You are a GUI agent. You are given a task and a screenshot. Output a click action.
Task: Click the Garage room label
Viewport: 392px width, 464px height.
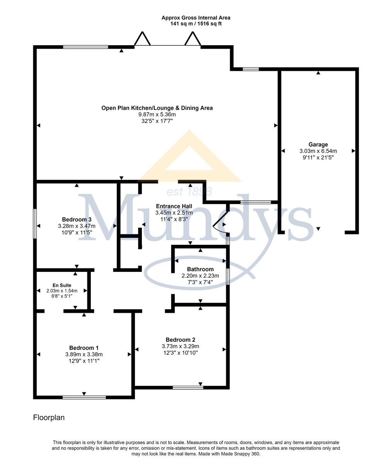[x=318, y=145]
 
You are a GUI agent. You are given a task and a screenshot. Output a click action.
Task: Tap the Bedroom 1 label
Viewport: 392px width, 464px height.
[x=84, y=348]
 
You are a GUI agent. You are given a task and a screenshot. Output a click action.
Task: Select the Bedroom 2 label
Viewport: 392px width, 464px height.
[x=181, y=339]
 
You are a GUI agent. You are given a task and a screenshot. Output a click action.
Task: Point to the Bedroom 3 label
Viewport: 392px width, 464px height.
[x=77, y=219]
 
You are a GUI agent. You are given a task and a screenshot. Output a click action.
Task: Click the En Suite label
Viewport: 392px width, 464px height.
[x=62, y=285]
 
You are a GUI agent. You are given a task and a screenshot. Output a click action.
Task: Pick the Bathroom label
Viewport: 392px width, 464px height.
[x=200, y=269]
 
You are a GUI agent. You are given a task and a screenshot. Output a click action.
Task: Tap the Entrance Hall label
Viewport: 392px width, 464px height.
[x=174, y=206]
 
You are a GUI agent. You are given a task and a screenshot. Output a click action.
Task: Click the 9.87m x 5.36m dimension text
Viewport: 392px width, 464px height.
[x=157, y=114]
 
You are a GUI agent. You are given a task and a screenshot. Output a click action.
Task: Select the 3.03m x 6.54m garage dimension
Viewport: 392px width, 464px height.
[x=318, y=151]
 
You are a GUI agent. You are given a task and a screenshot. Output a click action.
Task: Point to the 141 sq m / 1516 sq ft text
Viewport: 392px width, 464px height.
[x=196, y=24]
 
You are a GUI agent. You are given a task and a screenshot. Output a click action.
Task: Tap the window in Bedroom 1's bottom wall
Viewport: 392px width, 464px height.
[x=84, y=397]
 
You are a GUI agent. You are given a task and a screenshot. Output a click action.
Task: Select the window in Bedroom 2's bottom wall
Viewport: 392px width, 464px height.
[x=188, y=387]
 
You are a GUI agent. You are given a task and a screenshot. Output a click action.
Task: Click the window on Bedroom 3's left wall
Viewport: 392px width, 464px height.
[x=35, y=223]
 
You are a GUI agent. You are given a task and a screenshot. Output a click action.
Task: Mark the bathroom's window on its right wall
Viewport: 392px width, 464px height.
[x=228, y=276]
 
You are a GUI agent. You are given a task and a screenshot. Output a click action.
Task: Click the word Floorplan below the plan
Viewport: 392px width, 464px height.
[x=49, y=417]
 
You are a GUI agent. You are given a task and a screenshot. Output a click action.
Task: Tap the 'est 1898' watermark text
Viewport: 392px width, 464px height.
[x=189, y=191]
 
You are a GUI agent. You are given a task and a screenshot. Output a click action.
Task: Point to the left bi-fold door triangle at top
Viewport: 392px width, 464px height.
[x=142, y=39]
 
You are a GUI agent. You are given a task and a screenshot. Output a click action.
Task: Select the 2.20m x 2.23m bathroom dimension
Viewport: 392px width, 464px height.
[x=200, y=276]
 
